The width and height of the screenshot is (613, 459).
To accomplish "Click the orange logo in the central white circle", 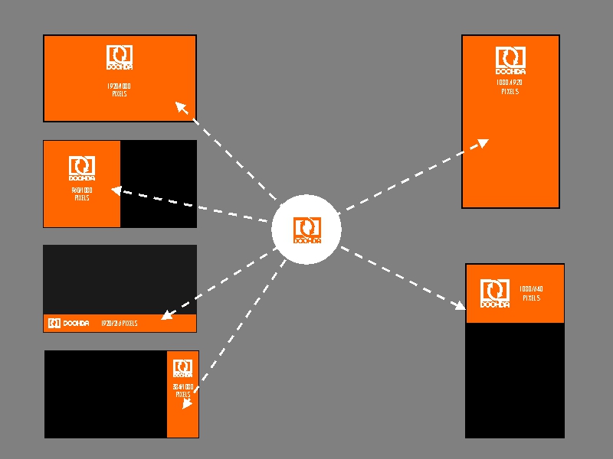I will coord(306,229).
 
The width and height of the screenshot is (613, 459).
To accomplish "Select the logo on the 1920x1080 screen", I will coord(120,58).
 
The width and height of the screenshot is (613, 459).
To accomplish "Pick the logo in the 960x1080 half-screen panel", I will coord(82,168).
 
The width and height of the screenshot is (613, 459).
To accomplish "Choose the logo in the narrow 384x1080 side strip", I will coord(182,369).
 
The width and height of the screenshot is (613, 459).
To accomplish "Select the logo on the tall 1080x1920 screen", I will coord(510,60).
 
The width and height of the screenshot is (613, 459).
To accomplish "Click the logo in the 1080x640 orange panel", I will coord(495,294).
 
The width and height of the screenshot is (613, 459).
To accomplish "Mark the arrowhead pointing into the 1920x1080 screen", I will coord(182,106).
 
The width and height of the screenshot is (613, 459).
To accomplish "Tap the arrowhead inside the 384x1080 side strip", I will coord(187,403).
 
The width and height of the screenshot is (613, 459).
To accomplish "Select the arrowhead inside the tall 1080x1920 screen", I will coord(482,142).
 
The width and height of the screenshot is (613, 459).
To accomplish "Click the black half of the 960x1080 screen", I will coord(159,184).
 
